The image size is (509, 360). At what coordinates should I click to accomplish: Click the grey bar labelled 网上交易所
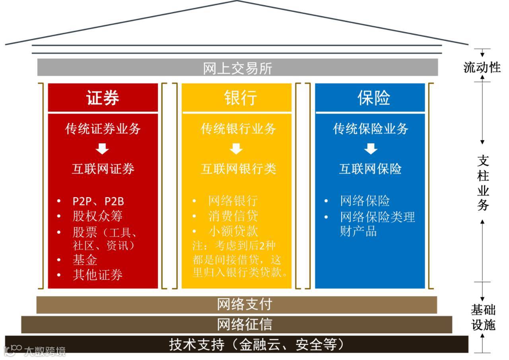(237, 68)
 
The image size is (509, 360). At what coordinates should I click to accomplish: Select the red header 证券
(103, 98)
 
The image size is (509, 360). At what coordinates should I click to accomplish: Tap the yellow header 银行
(237, 98)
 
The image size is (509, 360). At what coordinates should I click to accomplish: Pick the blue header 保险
(370, 98)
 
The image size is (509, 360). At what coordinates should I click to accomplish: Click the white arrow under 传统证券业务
(103, 149)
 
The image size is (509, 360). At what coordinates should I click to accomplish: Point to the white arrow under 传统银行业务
(237, 149)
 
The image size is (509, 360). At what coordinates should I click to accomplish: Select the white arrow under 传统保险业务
(371, 149)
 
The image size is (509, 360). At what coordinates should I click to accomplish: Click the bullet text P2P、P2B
(98, 201)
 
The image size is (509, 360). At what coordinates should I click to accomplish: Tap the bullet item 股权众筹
(97, 216)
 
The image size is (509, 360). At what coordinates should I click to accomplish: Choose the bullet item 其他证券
(97, 275)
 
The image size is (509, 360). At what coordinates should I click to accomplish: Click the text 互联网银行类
(238, 169)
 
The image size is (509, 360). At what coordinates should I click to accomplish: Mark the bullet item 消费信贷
(233, 216)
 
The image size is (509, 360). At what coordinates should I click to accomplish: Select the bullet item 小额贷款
(233, 231)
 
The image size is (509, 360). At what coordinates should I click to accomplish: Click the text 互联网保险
(370, 169)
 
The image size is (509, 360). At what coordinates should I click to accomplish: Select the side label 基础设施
(483, 317)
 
